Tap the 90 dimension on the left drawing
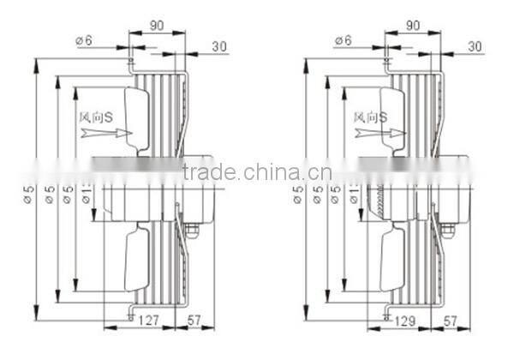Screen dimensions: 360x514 point(157,26)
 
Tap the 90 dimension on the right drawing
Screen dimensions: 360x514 point(413,26)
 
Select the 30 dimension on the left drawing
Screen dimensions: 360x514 point(218,47)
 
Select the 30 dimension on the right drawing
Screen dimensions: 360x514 point(475,47)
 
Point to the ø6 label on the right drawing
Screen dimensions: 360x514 point(343,39)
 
